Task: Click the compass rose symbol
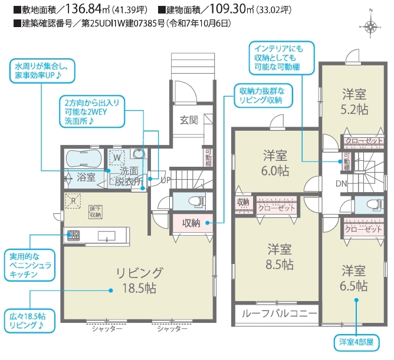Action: tap(371, 26)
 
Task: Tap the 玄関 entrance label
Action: tap(189, 120)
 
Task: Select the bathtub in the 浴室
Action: tap(83, 158)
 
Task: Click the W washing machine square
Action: tap(117, 157)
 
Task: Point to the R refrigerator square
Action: tap(73, 200)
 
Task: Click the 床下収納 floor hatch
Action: tap(96, 212)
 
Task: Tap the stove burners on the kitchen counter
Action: tap(73, 236)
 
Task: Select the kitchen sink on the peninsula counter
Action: tap(107, 236)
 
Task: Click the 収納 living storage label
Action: tap(191, 223)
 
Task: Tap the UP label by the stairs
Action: tap(165, 180)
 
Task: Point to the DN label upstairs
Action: tap(341, 184)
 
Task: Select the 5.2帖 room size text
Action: tap(354, 110)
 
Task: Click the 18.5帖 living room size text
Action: tap(139, 288)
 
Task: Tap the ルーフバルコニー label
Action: tap(279, 313)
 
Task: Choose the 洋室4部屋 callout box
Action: tap(356, 342)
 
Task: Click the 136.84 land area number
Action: tap(83, 9)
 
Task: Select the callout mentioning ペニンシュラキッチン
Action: tap(29, 265)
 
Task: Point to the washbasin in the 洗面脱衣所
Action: tap(139, 153)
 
